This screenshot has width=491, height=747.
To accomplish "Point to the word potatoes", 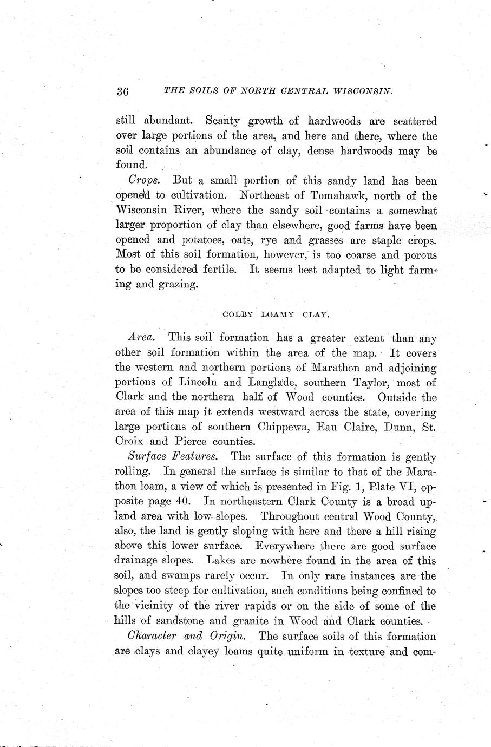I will pyautogui.click(x=200, y=240).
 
